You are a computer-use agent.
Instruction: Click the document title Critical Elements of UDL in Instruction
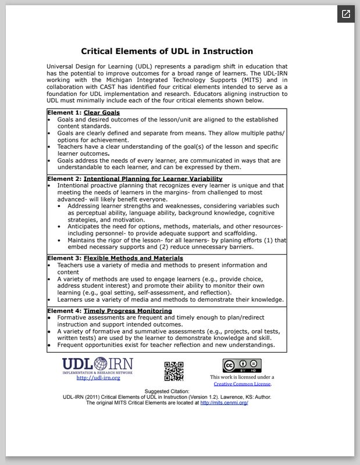pos(167,51)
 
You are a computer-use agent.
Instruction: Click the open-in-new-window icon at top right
pos(345,14)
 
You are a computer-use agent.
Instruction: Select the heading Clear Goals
pos(102,113)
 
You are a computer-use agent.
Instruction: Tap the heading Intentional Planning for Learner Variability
pos(153,178)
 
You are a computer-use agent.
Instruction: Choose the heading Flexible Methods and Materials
pos(133,258)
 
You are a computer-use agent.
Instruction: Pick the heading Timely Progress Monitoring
pos(128,311)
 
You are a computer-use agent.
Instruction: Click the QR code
pos(174,371)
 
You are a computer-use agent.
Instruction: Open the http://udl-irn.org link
pos(98,378)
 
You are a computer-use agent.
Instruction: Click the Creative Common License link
pos(242,384)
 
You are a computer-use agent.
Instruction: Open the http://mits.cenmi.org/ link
pos(224,402)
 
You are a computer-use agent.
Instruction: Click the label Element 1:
pos(65,113)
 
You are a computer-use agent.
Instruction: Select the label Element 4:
pos(65,311)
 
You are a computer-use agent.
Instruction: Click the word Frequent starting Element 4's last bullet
pos(73,345)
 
